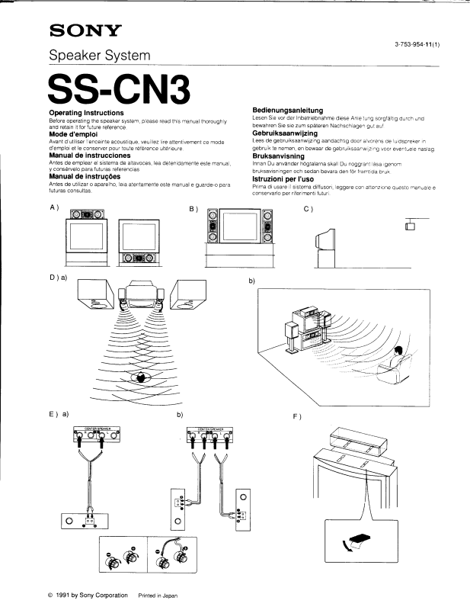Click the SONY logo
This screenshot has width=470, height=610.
point(85,31)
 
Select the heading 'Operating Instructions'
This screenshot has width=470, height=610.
point(81,112)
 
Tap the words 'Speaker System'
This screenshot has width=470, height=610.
point(100,55)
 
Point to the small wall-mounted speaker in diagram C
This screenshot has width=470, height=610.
point(410,226)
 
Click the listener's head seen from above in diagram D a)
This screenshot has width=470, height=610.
point(140,377)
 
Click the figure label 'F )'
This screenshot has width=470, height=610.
point(297,416)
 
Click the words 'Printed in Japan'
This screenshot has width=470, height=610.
point(158,594)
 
